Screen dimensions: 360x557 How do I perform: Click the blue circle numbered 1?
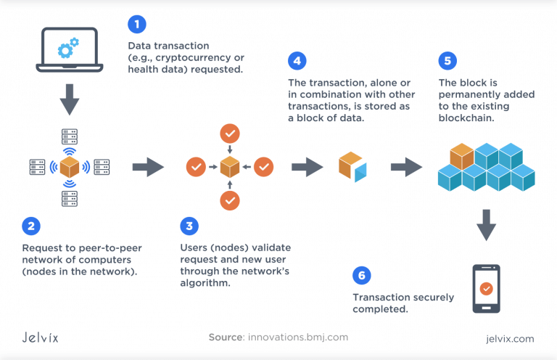(136, 25)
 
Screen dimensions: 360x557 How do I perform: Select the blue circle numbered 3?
(189, 226)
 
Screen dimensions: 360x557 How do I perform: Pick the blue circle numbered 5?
(448, 60)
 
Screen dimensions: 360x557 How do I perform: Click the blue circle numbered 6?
(361, 274)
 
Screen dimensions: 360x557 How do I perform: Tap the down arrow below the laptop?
(69, 100)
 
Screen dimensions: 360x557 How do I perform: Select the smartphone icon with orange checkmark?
(486, 288)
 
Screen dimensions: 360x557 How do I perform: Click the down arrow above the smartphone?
(486, 226)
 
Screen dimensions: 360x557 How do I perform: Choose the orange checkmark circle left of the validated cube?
(196, 168)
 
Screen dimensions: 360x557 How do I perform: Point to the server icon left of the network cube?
(36, 168)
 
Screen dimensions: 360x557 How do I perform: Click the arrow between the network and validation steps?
(148, 168)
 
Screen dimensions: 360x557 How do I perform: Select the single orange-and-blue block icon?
(352, 167)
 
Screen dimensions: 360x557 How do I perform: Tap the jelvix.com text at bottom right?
(511, 338)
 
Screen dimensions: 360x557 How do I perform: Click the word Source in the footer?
(224, 337)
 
